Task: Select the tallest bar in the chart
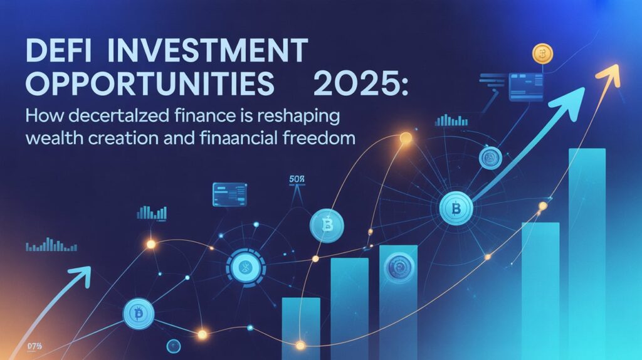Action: click(x=587, y=251)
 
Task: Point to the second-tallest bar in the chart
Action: click(x=540, y=289)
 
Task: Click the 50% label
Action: click(x=296, y=180)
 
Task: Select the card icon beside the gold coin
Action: click(x=527, y=87)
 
